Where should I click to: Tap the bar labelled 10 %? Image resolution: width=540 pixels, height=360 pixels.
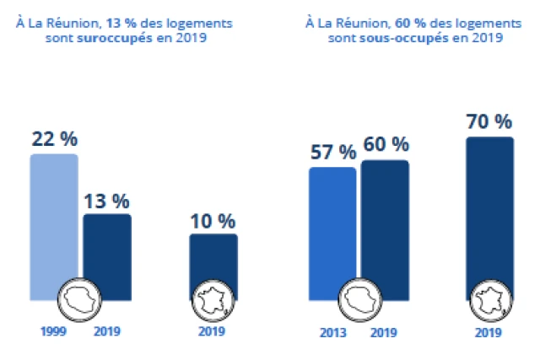(213, 261)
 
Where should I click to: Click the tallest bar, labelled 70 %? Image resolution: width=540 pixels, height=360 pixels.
(489, 211)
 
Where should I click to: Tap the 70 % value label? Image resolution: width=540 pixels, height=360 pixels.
(489, 121)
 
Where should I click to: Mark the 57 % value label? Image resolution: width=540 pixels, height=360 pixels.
(332, 153)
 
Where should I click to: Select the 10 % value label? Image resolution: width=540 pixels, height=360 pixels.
(213, 221)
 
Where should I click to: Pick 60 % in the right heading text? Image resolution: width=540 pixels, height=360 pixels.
(402, 24)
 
